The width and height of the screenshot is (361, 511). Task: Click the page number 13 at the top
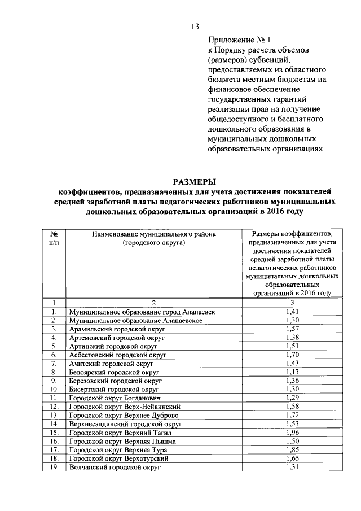coord(195,27)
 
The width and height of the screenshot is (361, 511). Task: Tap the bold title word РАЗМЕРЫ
coord(194,181)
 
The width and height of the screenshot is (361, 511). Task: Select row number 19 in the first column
coord(55,467)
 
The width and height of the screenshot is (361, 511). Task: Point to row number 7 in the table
coord(55,364)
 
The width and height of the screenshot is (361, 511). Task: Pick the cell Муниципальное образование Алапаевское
coord(134,320)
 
